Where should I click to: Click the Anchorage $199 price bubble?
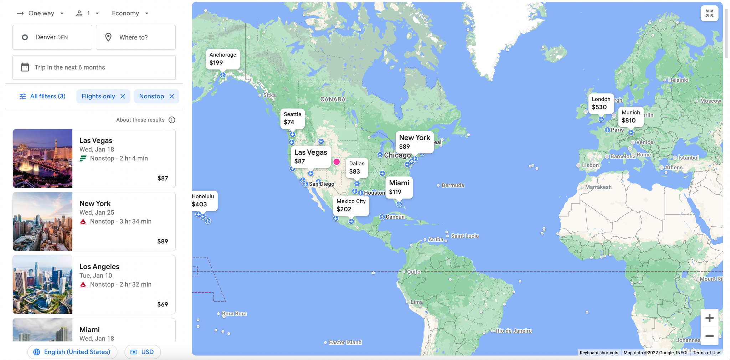(x=223, y=59)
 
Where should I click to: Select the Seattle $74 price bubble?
(x=292, y=118)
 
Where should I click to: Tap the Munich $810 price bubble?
(x=631, y=117)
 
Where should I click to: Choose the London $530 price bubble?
(x=601, y=103)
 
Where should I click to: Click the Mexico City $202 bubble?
(x=351, y=205)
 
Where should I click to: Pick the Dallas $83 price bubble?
(x=356, y=168)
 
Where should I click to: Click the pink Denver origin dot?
(x=336, y=162)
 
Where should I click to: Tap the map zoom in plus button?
(x=709, y=318)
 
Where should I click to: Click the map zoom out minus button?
(x=709, y=336)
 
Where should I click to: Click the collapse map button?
(x=709, y=14)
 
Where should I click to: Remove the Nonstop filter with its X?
(x=172, y=96)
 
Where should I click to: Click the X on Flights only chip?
(x=123, y=96)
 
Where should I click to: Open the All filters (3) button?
(x=42, y=96)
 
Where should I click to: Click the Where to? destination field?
(x=136, y=37)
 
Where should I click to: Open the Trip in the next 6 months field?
(x=94, y=67)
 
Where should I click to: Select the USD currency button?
(x=143, y=352)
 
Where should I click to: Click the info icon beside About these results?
(x=172, y=120)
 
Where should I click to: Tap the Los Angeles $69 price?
(x=163, y=304)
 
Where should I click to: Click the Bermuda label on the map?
(x=453, y=185)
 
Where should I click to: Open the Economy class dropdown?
(x=130, y=14)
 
